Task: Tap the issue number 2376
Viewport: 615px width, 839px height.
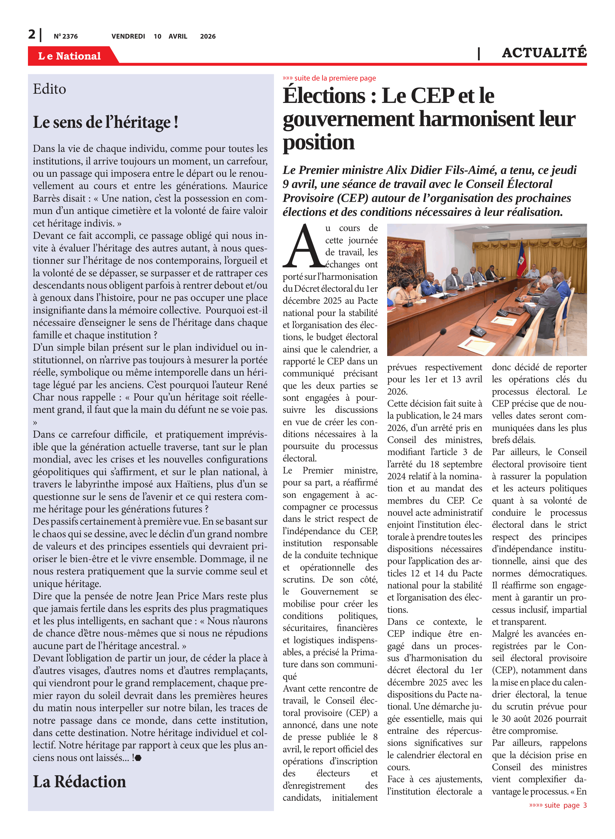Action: tap(66, 36)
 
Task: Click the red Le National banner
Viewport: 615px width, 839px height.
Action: tap(70, 56)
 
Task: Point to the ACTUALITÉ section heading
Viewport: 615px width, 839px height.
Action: tap(544, 53)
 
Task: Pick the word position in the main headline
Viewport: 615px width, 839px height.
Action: tap(319, 142)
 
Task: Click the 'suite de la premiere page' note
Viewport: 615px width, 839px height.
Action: tap(330, 78)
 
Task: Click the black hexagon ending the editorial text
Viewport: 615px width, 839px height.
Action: tap(138, 758)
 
